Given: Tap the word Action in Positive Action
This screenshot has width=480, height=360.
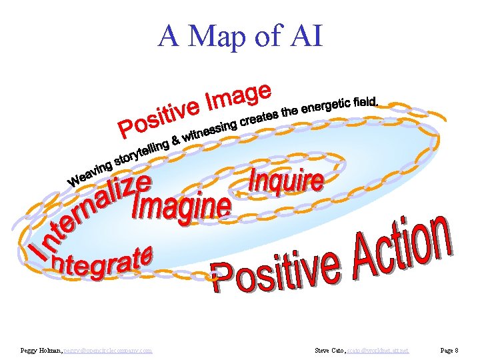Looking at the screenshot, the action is coord(399,244).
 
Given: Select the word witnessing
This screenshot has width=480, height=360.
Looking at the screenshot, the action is coord(211,130).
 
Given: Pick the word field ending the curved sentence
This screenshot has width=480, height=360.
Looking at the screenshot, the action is coord(367,102).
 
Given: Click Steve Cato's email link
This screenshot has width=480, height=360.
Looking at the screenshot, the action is coord(378,350).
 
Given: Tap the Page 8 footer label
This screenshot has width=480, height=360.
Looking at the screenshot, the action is coord(448,350).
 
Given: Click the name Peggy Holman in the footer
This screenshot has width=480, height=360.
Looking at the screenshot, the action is coord(41,350).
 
